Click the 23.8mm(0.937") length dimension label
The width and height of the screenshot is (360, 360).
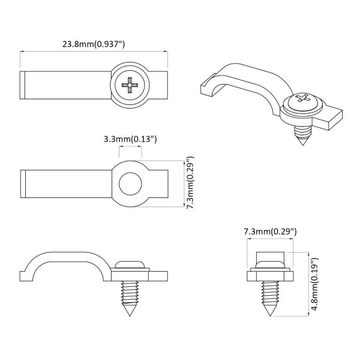pyautogui.click(x=94, y=44)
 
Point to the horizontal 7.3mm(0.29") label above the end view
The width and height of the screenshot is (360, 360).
pyautogui.click(x=269, y=231)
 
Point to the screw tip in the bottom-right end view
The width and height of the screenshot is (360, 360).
pyautogui.click(x=269, y=313)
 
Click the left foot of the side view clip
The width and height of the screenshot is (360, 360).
pyautogui.click(x=25, y=275)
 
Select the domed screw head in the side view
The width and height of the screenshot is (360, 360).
pyautogui.click(x=130, y=265)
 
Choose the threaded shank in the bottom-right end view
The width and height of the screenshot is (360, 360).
pyautogui.click(x=269, y=292)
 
